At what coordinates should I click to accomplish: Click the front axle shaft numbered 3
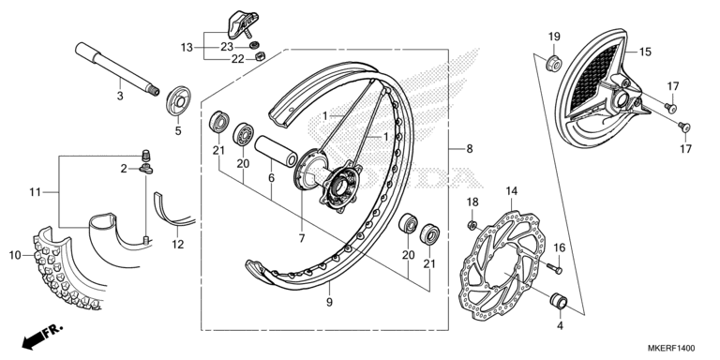[117, 68]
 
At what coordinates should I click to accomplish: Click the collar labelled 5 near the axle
[178, 100]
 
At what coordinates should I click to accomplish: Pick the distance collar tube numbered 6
[276, 151]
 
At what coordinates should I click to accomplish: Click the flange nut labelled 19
[554, 63]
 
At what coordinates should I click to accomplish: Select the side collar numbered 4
[559, 301]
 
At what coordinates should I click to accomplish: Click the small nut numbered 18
[472, 225]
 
